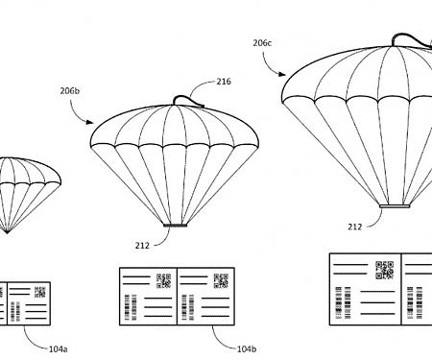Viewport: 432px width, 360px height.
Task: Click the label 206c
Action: (262, 42)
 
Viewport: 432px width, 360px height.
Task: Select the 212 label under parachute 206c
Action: (355, 227)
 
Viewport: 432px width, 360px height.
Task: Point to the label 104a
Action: (59, 348)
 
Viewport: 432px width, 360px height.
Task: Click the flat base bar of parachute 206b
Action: (175, 227)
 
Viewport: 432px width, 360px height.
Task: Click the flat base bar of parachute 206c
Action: (396, 204)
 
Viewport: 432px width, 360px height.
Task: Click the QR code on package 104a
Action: (38, 291)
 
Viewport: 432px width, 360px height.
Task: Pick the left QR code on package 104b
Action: (165, 281)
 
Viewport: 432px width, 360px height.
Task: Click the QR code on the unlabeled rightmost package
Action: (385, 269)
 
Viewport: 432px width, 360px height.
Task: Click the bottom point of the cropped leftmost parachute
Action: (7, 232)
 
